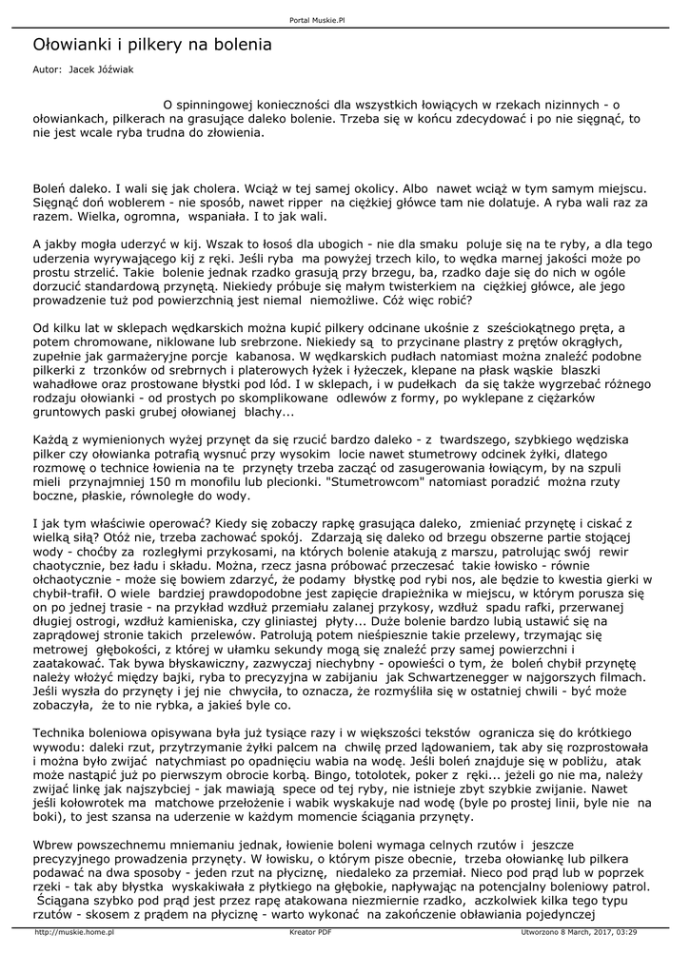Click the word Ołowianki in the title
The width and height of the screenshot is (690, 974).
tap(69, 45)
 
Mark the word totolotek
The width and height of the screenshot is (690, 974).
tap(393, 775)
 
